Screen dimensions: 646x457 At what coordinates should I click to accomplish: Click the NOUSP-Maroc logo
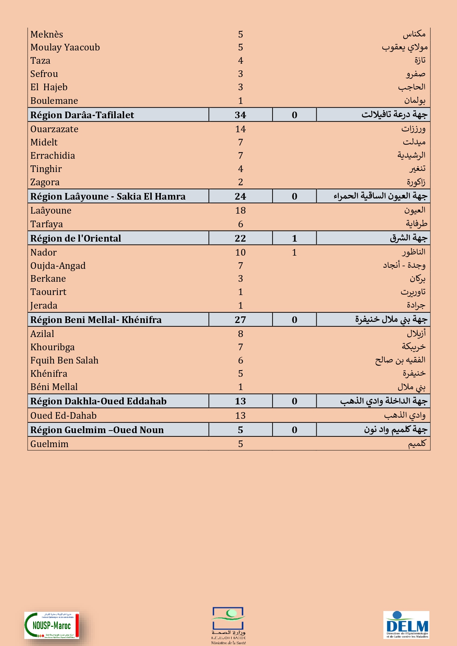tap(52, 625)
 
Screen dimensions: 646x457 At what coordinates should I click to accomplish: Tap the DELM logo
tap(406, 625)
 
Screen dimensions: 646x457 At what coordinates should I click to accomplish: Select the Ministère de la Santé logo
tap(228, 625)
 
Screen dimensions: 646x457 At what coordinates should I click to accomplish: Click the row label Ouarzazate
tap(54, 129)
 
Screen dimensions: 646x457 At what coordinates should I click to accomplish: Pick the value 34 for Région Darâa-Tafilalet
tap(240, 115)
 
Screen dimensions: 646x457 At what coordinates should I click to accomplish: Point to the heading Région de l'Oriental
tap(75, 238)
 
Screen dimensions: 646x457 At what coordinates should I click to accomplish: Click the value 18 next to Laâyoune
tap(240, 211)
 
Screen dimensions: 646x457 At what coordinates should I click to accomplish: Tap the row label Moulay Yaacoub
tap(65, 48)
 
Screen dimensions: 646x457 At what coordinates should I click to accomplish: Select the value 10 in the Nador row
tap(240, 253)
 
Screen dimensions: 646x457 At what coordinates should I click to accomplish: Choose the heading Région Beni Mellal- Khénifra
tap(96, 320)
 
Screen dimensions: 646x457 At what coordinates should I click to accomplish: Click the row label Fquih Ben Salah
tap(64, 361)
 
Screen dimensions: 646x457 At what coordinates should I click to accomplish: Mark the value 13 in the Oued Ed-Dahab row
tap(240, 416)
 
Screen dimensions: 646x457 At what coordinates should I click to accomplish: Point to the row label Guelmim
tap(49, 444)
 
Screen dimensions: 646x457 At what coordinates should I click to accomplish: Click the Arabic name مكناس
tap(414, 34)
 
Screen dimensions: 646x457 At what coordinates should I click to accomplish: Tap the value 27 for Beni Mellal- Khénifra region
tap(240, 320)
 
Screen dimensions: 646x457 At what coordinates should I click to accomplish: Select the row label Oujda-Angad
tap(58, 266)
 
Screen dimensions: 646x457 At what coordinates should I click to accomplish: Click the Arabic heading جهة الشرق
tap(408, 238)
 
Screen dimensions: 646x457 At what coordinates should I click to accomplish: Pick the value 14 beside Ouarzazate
tap(240, 129)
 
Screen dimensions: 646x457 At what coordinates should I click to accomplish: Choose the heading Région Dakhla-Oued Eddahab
tap(98, 401)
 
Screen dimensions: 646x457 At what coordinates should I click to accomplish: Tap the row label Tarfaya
tap(46, 224)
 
